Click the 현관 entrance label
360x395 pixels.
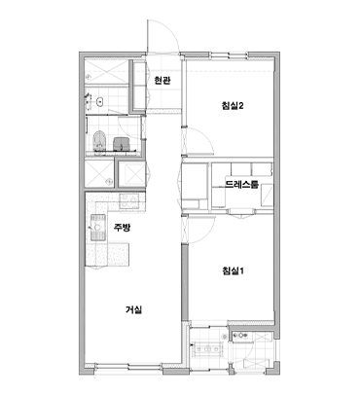[162, 81]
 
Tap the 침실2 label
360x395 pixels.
[233, 106]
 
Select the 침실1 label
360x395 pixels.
[233, 270]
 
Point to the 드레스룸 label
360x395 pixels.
[241, 185]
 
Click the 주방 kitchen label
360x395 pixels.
[122, 228]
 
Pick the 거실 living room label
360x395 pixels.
[133, 309]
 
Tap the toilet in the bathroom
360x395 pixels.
[99, 141]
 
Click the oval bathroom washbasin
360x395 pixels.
[100, 101]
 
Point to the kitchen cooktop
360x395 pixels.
[129, 200]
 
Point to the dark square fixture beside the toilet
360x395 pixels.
[121, 144]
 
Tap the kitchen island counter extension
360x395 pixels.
[118, 254]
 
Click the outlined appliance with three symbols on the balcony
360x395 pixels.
[207, 349]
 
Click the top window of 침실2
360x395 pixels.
[230, 54]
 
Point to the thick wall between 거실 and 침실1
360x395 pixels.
[185, 282]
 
